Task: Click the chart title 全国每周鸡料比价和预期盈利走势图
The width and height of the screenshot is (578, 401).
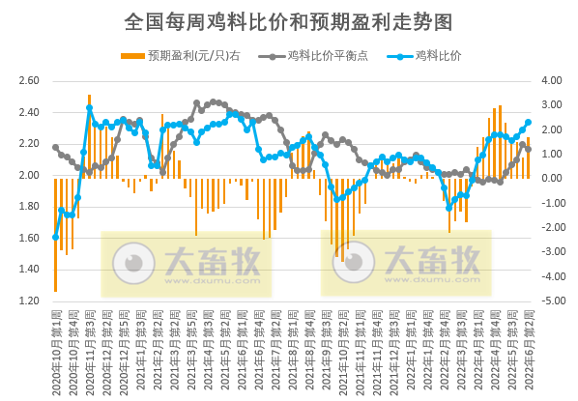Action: click(289, 20)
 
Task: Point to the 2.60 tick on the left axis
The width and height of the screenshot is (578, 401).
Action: click(29, 81)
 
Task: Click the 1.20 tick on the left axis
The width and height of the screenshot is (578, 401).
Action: click(29, 301)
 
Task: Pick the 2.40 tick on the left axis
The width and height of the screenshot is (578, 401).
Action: click(29, 113)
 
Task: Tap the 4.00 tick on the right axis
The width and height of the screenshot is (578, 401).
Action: click(554, 81)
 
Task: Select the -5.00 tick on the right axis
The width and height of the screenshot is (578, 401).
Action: click(554, 301)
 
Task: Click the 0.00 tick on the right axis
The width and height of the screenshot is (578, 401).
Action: click(554, 179)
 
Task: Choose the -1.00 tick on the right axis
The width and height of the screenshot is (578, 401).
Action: click(554, 203)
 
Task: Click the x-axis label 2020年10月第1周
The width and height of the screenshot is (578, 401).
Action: click(56, 348)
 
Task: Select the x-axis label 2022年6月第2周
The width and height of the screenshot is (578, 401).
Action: click(528, 348)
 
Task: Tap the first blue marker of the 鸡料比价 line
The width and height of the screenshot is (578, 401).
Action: click(55, 237)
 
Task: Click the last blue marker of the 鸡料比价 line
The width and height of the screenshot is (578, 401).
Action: click(528, 123)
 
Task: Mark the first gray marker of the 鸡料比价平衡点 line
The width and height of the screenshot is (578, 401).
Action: click(55, 147)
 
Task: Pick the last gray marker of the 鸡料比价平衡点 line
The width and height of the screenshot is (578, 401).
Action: click(528, 149)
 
